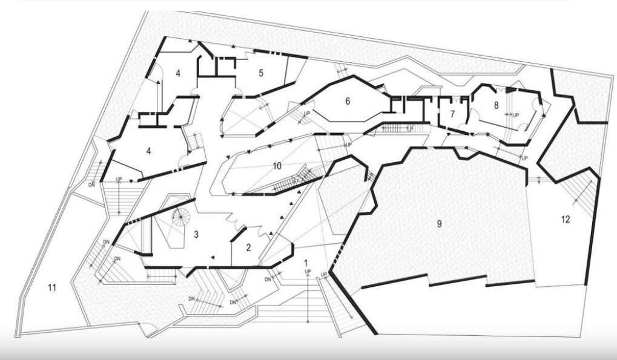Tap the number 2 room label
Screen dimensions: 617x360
point(248,247)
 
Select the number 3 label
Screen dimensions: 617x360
point(196,234)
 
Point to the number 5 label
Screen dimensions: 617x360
point(261,73)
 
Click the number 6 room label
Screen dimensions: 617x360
point(348,101)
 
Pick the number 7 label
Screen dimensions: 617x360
point(452,113)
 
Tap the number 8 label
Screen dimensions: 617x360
point(496,105)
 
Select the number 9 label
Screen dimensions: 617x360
point(440,223)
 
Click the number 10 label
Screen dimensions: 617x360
point(277,166)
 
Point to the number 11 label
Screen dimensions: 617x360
point(52,288)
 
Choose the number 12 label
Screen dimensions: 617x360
point(565,220)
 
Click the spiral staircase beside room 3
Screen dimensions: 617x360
point(180,217)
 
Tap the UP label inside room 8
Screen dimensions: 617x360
point(516,114)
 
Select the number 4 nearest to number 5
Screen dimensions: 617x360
point(178,73)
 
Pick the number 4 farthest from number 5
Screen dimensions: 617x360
point(148,151)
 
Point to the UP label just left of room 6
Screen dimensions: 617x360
point(307,113)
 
